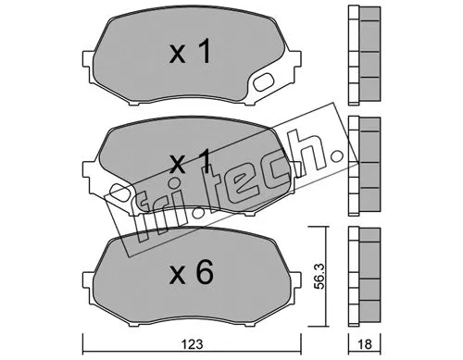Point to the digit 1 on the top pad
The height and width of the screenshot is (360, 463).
[205, 53]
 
